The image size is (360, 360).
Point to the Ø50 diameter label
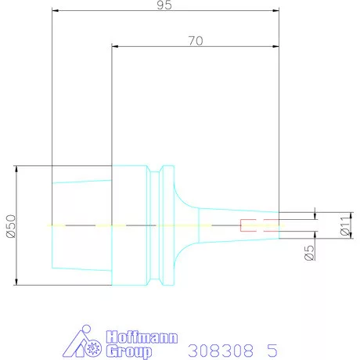click(x=9, y=225)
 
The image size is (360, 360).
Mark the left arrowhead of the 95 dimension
click(x=55, y=12)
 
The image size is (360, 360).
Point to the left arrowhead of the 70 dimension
click(x=116, y=47)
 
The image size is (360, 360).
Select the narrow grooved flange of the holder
click(x=165, y=225)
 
